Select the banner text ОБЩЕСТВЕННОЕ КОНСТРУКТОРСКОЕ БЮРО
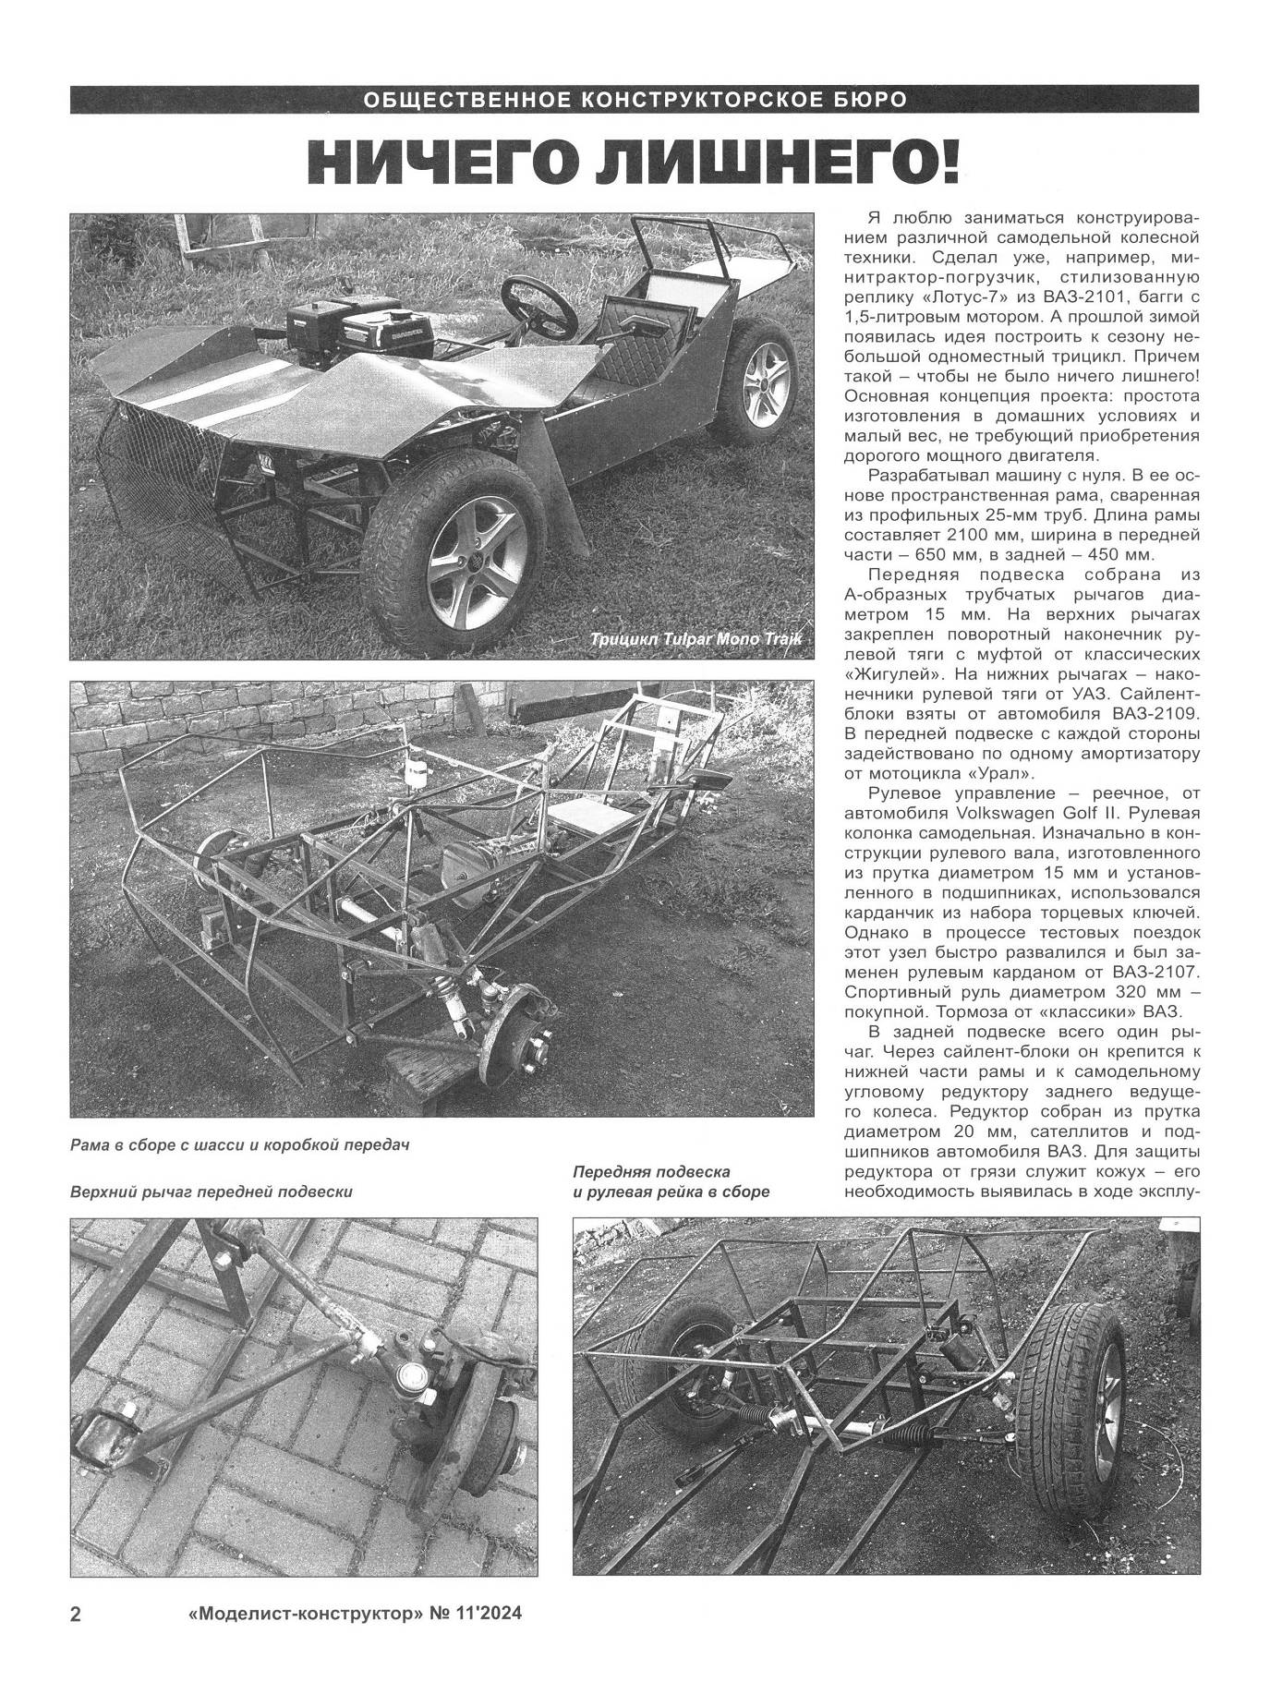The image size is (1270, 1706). click(635, 100)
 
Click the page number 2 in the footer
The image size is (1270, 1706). click(77, 1640)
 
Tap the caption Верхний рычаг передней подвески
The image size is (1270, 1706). click(212, 1192)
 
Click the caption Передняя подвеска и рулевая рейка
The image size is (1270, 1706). click(671, 1181)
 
